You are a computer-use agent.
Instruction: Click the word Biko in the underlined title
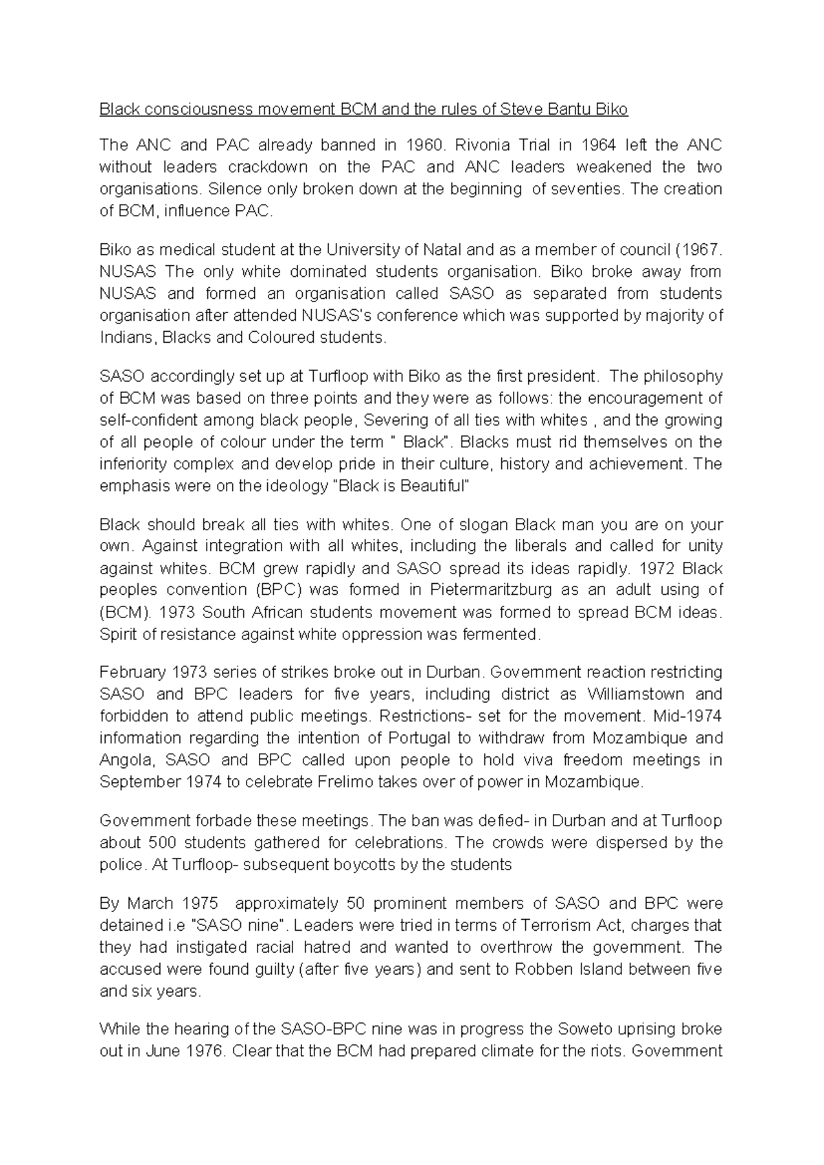[x=612, y=109]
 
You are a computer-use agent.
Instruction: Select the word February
[x=132, y=672]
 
